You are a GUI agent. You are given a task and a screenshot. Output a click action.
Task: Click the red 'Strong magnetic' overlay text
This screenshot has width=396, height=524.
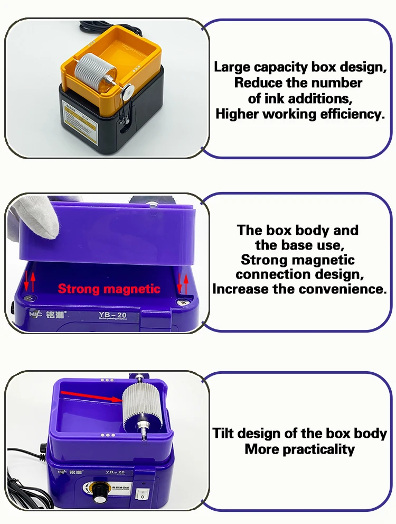point(109,289)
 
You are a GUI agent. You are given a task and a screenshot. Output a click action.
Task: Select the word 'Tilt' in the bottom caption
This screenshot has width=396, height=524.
point(224,434)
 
